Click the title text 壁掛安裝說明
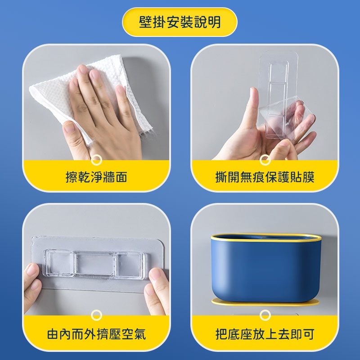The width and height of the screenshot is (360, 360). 180,22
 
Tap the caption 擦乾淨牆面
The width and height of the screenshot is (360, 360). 96,177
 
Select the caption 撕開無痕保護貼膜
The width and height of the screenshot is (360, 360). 265,177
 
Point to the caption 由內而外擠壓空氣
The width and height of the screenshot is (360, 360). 96,334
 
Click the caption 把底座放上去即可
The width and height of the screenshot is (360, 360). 265,334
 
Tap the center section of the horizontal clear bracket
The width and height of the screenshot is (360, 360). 94,264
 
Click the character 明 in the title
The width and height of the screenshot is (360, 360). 215,22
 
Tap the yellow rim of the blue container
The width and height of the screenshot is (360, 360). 266,238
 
